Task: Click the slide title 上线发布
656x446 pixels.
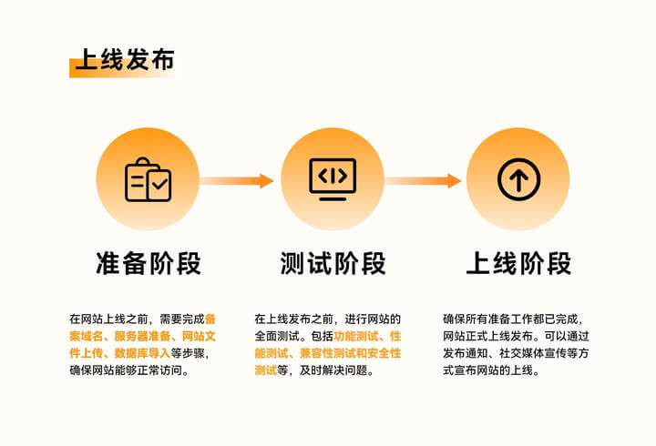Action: click(125, 60)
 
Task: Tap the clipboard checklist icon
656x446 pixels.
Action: click(149, 179)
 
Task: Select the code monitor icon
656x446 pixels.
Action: click(333, 179)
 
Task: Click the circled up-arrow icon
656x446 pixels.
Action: click(518, 179)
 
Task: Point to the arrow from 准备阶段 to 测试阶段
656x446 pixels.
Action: click(237, 180)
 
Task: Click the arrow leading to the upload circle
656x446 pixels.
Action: click(423, 180)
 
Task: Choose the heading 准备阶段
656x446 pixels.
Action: click(149, 263)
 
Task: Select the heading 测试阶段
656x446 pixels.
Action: click(333, 263)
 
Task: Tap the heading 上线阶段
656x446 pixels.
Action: click(518, 263)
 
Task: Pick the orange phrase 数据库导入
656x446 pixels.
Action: click(143, 353)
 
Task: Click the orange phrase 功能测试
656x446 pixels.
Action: click(356, 336)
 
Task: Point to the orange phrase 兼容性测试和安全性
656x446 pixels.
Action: click(350, 353)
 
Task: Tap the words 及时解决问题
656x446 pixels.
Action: click(333, 370)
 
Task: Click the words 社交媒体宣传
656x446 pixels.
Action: click(533, 353)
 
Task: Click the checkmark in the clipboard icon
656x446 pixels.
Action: click(159, 184)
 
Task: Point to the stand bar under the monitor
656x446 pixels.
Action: click(333, 198)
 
